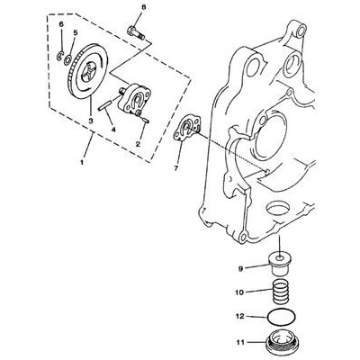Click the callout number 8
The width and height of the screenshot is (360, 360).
click(144, 7)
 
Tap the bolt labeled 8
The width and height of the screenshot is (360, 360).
click(136, 33)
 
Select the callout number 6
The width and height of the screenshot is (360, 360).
click(61, 24)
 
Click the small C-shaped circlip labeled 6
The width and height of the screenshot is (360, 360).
click(60, 56)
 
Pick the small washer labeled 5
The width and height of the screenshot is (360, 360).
click(68, 58)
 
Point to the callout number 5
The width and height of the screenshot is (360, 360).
click(76, 32)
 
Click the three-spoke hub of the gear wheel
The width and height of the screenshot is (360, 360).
click(90, 73)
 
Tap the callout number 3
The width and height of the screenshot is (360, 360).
click(91, 121)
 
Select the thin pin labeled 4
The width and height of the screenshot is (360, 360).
click(105, 106)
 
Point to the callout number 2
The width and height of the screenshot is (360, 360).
click(138, 144)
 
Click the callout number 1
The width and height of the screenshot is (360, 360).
click(81, 162)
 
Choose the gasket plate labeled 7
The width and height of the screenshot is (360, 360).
click(187, 129)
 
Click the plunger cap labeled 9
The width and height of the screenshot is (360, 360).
click(279, 264)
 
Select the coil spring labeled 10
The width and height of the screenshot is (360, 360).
click(282, 292)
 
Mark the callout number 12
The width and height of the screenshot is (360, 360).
click(241, 316)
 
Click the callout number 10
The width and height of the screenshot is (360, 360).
click(240, 292)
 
